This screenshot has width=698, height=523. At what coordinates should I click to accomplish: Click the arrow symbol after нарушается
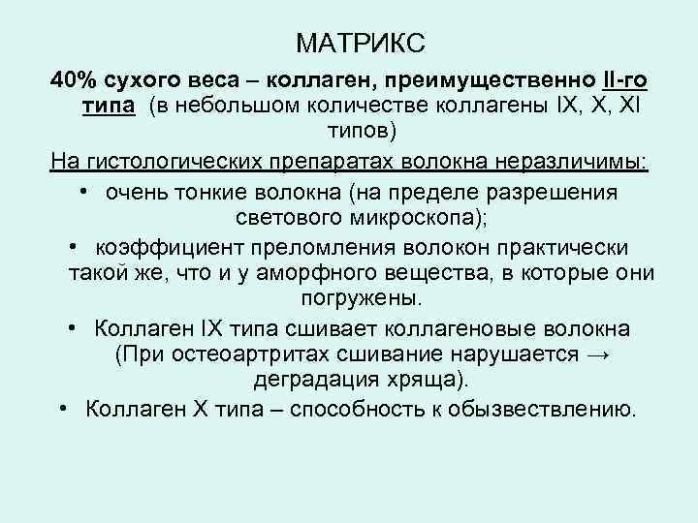[598, 354]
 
